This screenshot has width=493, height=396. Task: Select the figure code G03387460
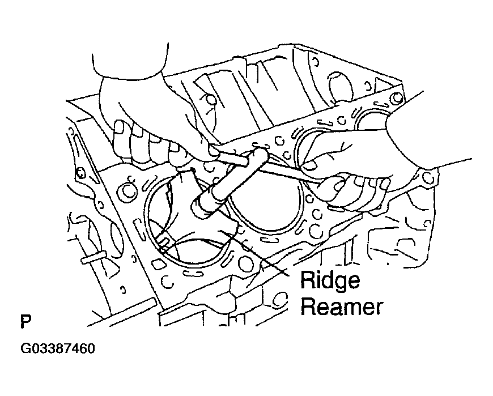point(58,348)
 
